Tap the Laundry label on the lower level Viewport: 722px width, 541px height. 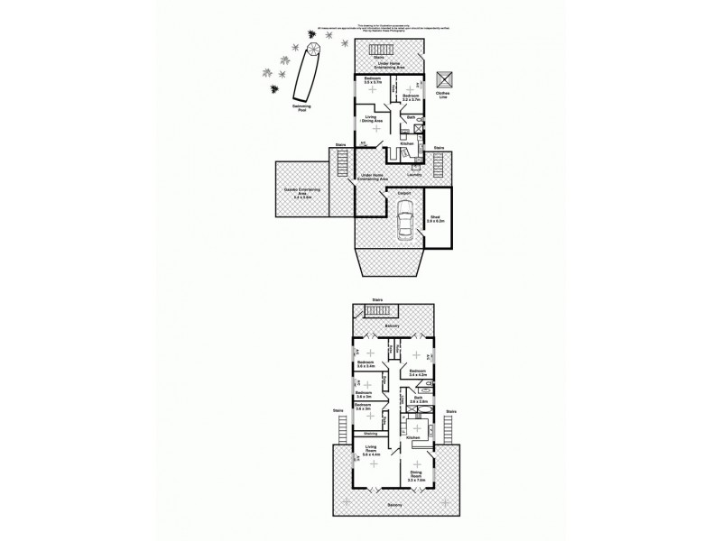click(x=414, y=176)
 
